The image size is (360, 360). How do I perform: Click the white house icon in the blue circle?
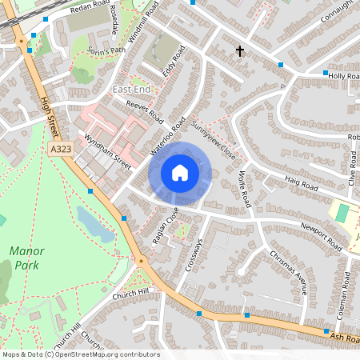click(180, 172)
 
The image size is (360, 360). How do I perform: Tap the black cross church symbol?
click(239, 51)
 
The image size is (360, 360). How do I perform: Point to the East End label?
click(131, 89)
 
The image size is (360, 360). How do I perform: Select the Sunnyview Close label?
click(214, 138)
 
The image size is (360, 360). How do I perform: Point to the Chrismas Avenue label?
click(288, 271)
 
